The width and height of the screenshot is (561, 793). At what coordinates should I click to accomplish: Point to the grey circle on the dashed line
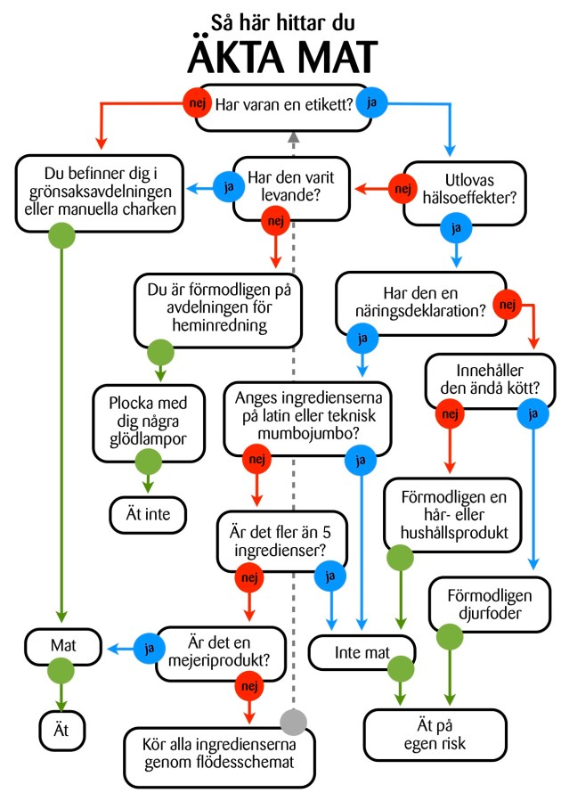click(292, 721)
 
